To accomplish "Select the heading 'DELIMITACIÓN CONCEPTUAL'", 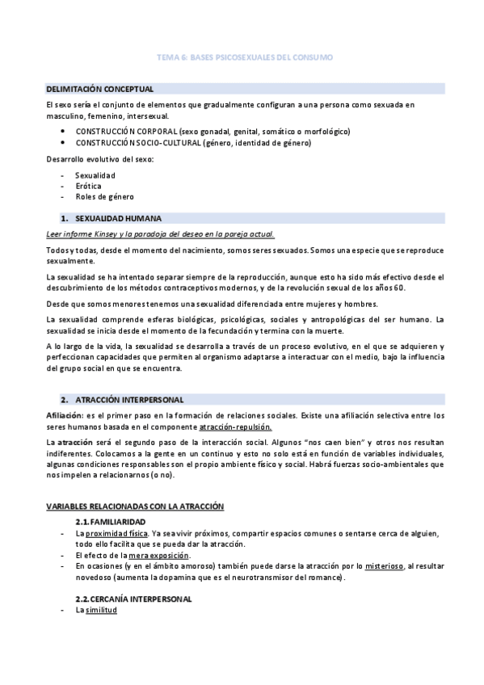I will coord(100,88).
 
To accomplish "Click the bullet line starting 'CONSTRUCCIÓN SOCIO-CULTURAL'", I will coord(193,143).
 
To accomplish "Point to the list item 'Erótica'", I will coord(89,186).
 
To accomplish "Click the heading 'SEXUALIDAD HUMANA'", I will coord(118,218).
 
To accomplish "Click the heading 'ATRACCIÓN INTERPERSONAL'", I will coord(129,399).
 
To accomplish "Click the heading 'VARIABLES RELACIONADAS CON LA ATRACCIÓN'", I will coord(134,506).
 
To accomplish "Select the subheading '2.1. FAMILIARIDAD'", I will coord(116,522).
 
